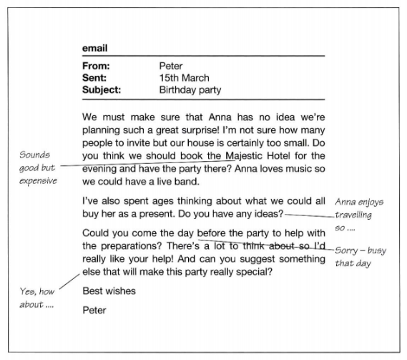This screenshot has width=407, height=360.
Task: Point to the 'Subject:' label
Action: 102,90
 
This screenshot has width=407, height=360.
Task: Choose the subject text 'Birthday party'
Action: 190,90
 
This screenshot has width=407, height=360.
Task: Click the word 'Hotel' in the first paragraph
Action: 281,155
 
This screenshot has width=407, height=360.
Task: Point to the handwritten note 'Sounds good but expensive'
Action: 37,167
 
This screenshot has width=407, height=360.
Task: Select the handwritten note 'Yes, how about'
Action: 37,298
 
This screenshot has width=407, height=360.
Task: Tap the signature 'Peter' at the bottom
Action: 94,310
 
